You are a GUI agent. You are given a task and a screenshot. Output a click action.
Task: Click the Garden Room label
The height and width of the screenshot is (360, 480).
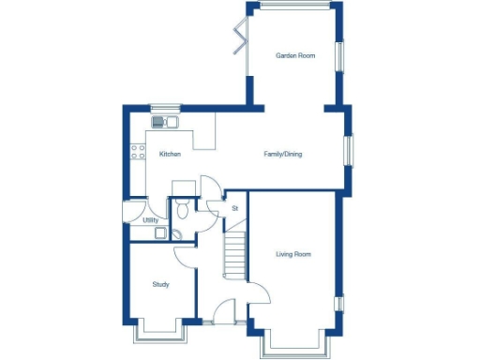(294, 56)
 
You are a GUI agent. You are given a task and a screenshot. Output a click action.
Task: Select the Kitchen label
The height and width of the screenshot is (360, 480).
(170, 155)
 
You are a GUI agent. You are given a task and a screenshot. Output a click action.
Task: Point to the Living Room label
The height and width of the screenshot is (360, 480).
(292, 254)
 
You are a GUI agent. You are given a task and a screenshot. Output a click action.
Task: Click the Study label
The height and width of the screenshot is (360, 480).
(160, 284)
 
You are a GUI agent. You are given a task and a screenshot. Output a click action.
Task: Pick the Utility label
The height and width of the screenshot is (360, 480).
(149, 220)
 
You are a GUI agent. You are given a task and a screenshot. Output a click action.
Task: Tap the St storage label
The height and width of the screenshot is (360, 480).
(234, 207)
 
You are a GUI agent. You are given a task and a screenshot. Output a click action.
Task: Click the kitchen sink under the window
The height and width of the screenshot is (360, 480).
(165, 121)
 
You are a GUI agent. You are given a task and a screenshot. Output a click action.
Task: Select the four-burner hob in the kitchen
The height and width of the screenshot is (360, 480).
(139, 151)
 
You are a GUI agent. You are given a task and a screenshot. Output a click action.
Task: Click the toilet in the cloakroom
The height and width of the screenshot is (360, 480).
(182, 207)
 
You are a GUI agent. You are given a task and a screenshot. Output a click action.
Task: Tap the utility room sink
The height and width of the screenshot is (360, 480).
(160, 233)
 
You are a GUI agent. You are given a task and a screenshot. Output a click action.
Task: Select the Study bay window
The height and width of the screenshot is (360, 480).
(160, 333)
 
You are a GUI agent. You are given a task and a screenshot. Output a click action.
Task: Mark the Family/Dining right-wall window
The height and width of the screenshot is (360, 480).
(348, 151)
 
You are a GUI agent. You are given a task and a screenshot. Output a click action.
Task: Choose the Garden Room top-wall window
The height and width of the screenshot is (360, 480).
(294, 7)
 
